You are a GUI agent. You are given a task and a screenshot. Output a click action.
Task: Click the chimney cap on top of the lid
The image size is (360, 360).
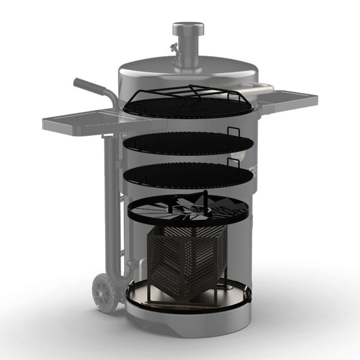[188, 28]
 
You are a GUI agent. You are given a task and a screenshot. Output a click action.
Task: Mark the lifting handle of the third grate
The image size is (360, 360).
[234, 164]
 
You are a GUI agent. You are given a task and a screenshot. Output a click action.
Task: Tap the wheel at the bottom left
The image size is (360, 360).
[105, 292]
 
